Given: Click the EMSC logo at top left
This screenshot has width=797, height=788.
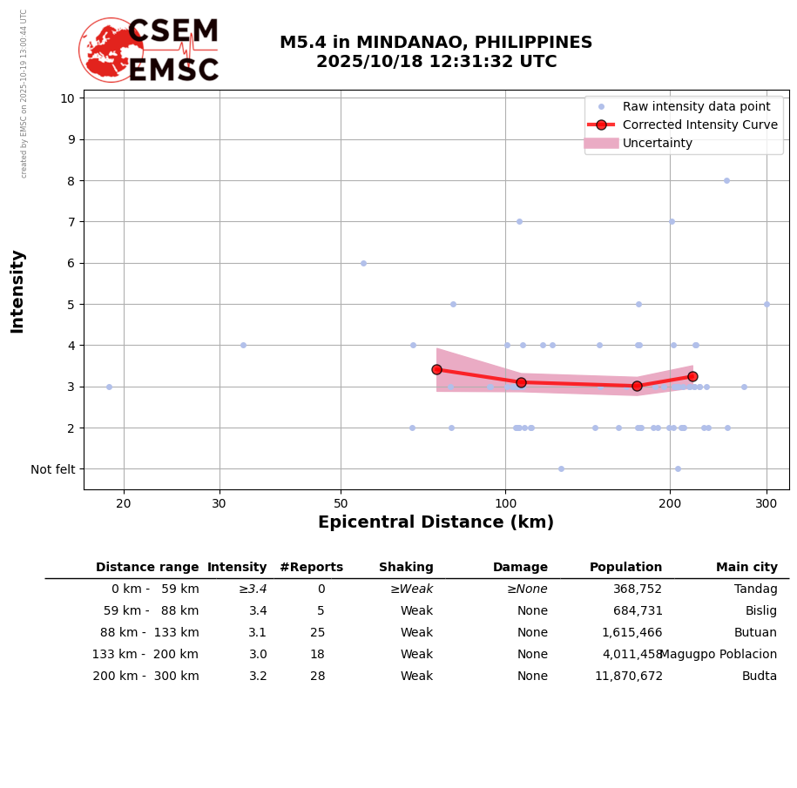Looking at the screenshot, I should point(149,51).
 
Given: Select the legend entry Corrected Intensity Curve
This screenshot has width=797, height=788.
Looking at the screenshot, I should point(699,125).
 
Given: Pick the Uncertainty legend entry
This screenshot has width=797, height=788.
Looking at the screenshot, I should point(657,143).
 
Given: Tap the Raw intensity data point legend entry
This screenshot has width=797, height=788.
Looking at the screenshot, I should point(696,106).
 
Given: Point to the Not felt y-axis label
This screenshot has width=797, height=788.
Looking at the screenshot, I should point(53,469).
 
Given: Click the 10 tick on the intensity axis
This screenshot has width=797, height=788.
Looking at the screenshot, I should point(67,98).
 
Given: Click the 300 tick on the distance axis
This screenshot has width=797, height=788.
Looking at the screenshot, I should point(767,502).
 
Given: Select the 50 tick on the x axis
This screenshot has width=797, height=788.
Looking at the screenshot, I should point(341,502).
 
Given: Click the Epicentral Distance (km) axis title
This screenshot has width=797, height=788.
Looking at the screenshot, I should point(436,522).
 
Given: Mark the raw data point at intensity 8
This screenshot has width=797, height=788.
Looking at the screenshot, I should point(726,180).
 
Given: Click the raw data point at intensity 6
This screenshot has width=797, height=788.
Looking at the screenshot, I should point(363,263).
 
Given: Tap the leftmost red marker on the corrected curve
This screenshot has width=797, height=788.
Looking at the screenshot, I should point(436,369).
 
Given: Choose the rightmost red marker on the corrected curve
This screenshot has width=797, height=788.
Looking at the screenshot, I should point(692,376).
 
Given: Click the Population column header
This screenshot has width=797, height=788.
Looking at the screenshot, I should point(625,568).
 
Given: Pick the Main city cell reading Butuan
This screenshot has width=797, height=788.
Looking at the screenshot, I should point(755,633).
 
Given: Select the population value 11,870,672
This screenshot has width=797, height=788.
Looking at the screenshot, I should point(628,677).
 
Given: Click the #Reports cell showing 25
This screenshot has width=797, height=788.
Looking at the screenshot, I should point(317,633).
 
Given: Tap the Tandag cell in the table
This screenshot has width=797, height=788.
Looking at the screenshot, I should point(755,589).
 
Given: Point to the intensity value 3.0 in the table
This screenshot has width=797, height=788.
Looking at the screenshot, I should point(258,655).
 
